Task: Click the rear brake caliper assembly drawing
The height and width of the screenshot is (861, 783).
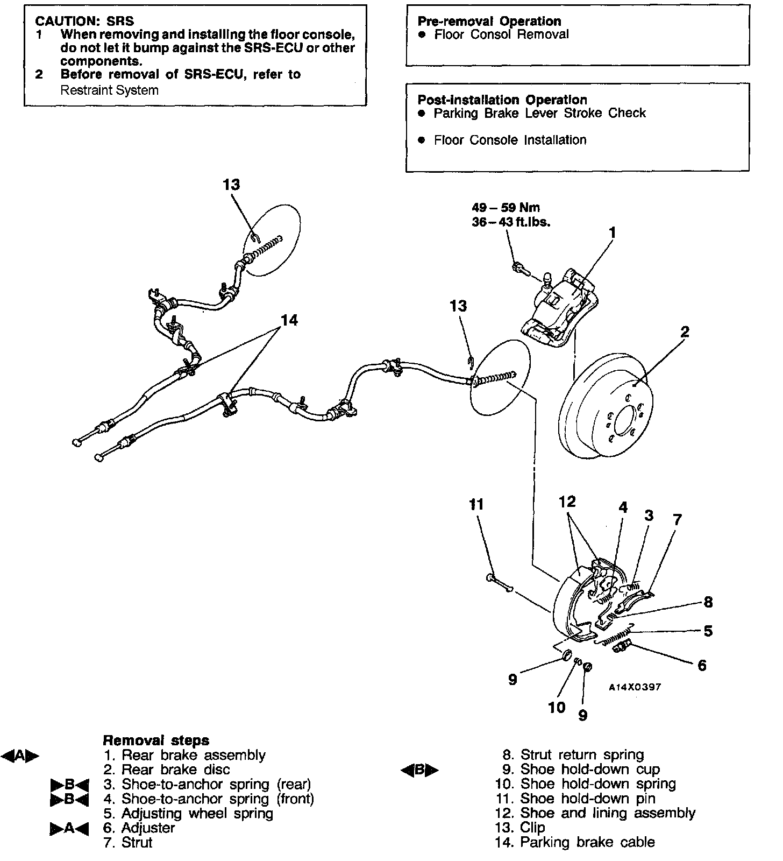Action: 559,309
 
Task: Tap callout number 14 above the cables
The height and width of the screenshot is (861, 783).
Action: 289,321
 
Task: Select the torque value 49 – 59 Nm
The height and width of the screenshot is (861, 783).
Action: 506,208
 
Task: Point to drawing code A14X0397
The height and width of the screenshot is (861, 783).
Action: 635,687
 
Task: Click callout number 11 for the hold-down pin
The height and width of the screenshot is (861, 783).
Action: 476,504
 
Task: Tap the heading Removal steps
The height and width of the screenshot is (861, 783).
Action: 155,740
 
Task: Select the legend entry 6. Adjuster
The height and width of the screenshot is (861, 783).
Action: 139,828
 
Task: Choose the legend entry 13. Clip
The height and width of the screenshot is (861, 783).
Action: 520,828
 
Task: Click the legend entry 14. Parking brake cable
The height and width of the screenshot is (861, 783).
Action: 575,842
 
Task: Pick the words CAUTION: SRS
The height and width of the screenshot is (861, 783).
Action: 84,22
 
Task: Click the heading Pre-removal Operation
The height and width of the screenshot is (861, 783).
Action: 489,22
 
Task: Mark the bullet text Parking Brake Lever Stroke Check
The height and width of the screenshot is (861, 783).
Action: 539,114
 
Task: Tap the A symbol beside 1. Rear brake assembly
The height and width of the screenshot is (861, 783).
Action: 20,756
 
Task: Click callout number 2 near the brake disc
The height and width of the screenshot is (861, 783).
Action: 684,332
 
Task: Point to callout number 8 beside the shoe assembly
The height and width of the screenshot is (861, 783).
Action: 708,602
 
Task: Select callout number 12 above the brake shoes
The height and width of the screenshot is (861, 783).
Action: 567,502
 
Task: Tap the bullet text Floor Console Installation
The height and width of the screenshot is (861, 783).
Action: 510,140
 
